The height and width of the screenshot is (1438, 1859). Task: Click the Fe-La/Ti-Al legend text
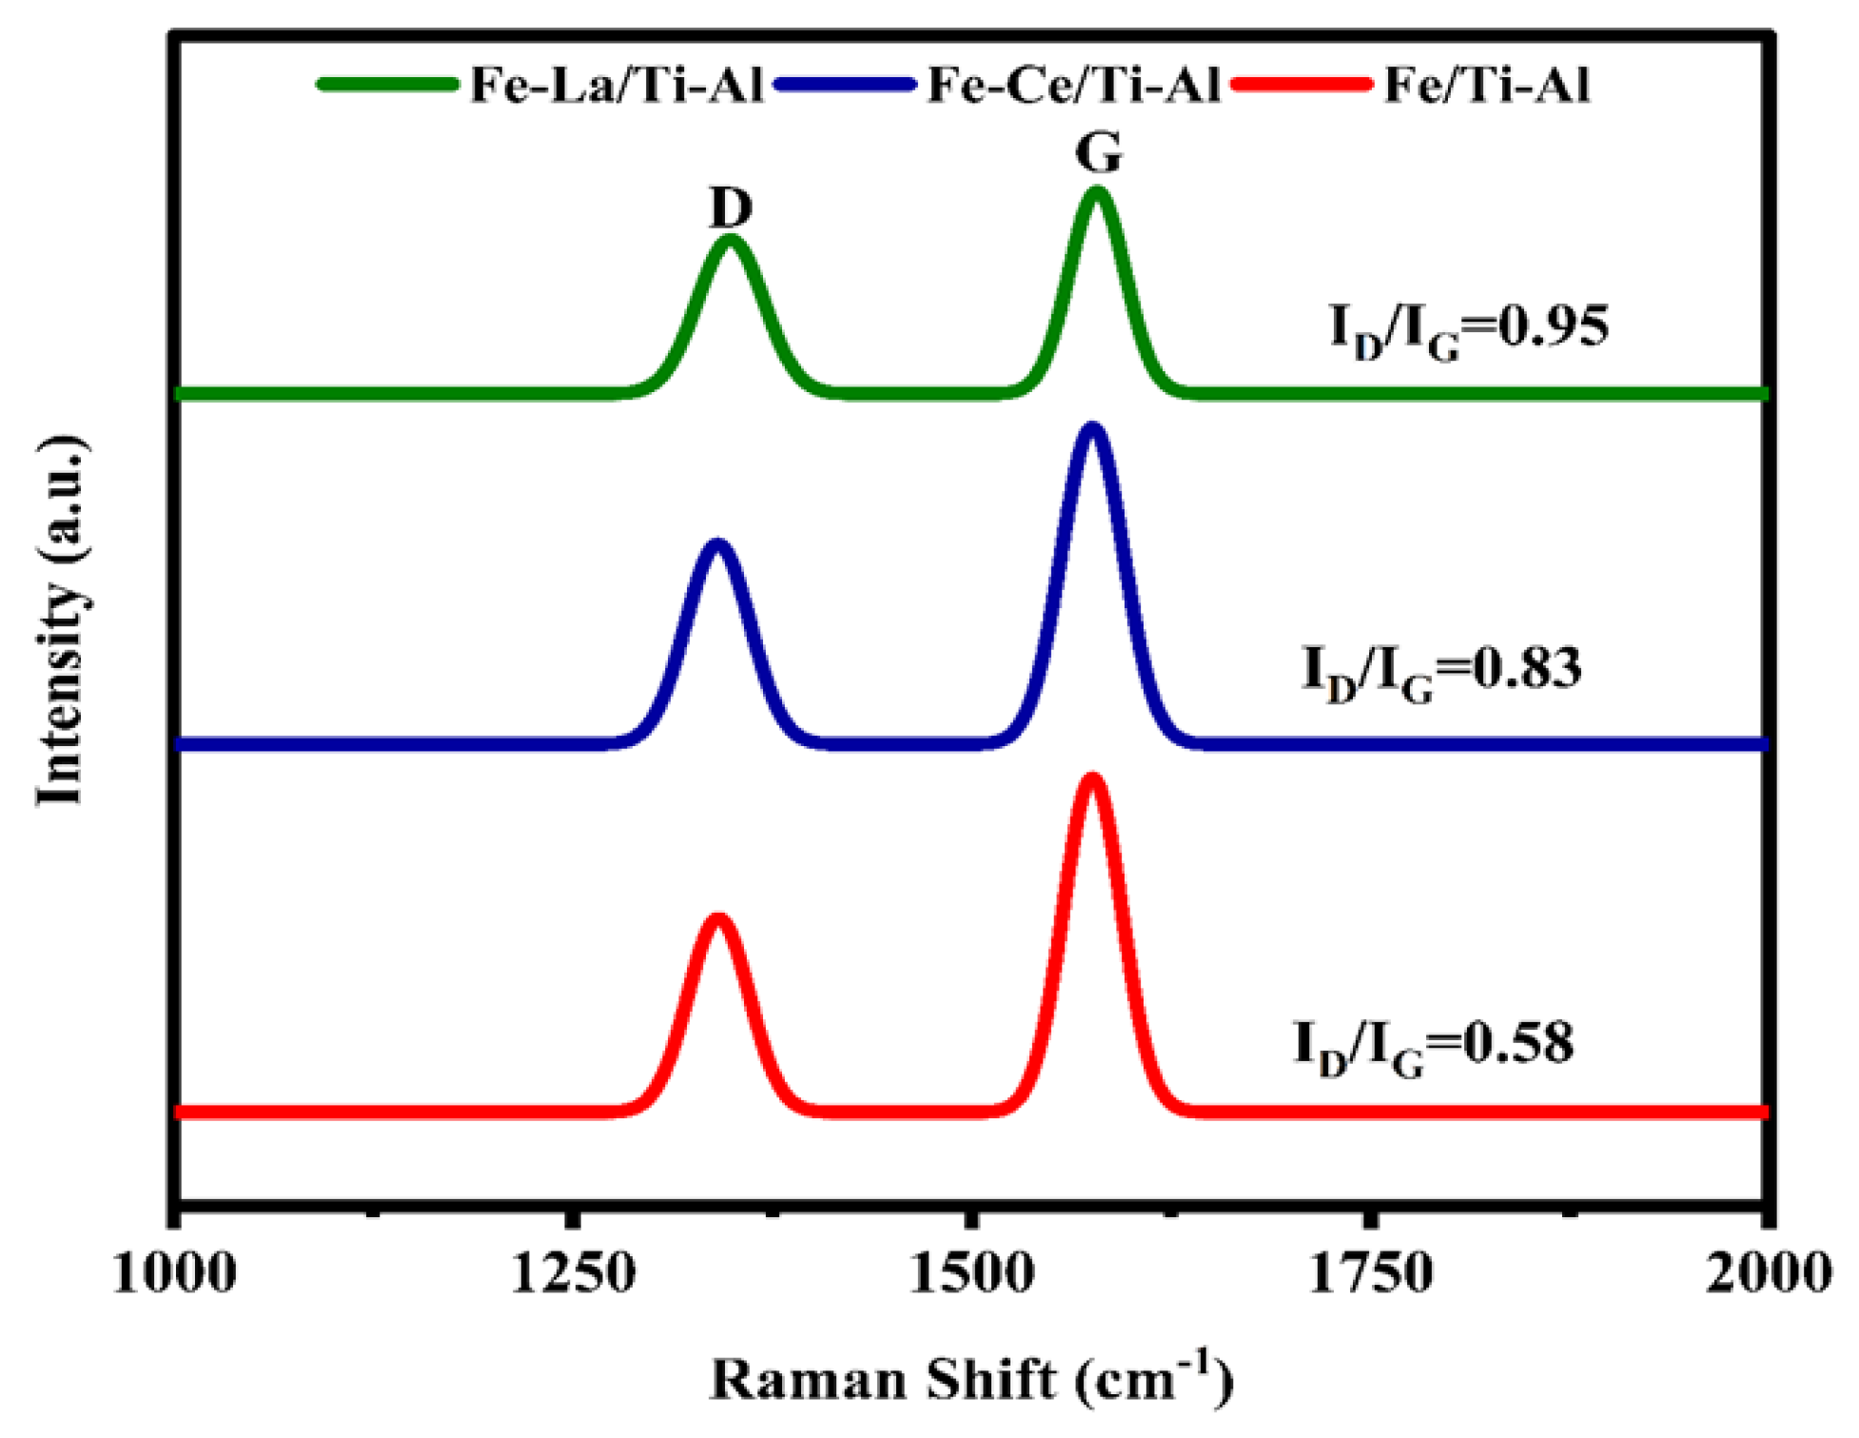tap(616, 86)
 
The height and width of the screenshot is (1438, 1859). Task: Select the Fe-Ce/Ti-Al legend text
tap(1073, 86)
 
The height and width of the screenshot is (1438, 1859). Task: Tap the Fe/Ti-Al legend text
tap(1486, 86)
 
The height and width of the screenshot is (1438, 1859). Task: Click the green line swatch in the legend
tap(387, 85)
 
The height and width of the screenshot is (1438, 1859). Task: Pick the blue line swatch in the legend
tap(845, 85)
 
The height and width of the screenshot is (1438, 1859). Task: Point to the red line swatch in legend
tap(1301, 85)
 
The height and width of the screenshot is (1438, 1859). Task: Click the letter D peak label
tap(731, 207)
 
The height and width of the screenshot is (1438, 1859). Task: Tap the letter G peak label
tap(1099, 151)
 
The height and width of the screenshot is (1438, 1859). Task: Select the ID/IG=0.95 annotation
tap(1469, 329)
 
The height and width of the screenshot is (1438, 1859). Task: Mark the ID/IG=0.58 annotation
tap(1434, 1045)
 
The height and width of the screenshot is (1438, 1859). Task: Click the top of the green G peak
tap(1097, 192)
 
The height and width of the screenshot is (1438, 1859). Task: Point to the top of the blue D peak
tap(717, 544)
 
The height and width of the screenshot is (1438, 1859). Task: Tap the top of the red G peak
tap(1092, 780)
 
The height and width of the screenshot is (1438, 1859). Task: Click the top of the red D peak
tap(718, 919)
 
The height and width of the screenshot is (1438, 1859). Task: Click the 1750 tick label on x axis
tap(1370, 1273)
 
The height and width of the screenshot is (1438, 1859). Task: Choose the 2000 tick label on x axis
tap(1768, 1273)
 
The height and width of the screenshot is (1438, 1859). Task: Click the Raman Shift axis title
tap(970, 1379)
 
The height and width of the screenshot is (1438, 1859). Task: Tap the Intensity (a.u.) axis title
tap(61, 621)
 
